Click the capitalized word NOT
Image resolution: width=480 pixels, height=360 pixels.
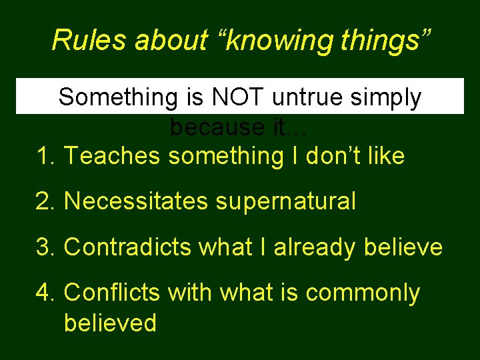coord(238,97)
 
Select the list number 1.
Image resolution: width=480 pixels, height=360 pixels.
coord(43,156)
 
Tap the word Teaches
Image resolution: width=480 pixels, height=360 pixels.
coord(113,156)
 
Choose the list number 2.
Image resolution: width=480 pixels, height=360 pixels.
coord(43,201)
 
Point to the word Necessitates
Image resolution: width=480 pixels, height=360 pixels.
coord(135,201)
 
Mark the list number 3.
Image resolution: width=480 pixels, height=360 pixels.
coord(43,247)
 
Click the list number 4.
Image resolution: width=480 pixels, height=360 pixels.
coord(43,293)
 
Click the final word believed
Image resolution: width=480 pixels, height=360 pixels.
coord(110,323)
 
